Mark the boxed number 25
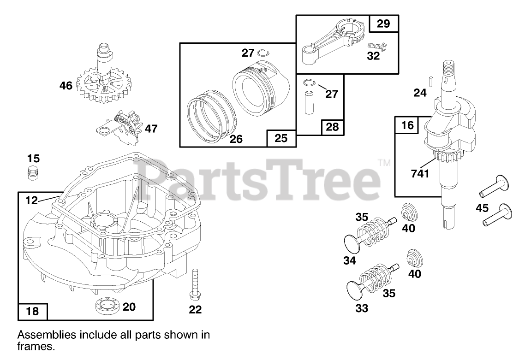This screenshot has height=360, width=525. tap(281, 138)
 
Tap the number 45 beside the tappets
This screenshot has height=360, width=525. tap(483, 208)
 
